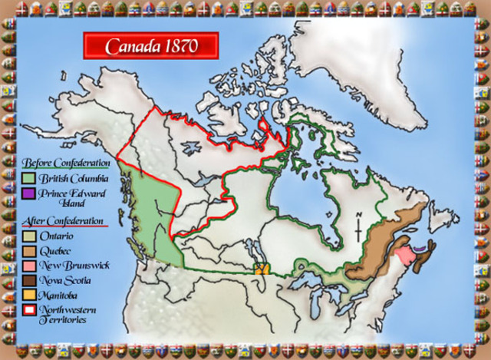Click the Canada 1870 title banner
[150, 45]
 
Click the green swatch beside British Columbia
[29, 177]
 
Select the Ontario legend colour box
[29, 236]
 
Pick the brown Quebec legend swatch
[29, 250]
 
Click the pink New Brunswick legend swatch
[29, 265]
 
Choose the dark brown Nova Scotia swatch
[29, 279]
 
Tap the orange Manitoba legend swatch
[29, 294]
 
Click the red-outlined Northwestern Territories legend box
[29, 310]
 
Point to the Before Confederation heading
[66, 163]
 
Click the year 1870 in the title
[179, 45]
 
